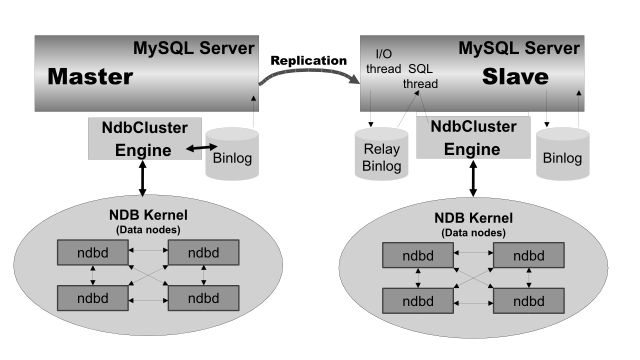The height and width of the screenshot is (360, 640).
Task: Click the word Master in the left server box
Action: pyautogui.click(x=91, y=77)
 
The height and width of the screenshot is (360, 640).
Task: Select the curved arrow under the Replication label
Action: pyautogui.click(x=310, y=85)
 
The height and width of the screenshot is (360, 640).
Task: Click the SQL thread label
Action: pyautogui.click(x=424, y=77)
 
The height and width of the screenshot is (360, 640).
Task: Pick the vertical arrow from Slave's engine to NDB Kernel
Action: pyautogui.click(x=469, y=181)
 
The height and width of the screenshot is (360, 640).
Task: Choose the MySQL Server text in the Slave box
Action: pyautogui.click(x=519, y=47)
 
